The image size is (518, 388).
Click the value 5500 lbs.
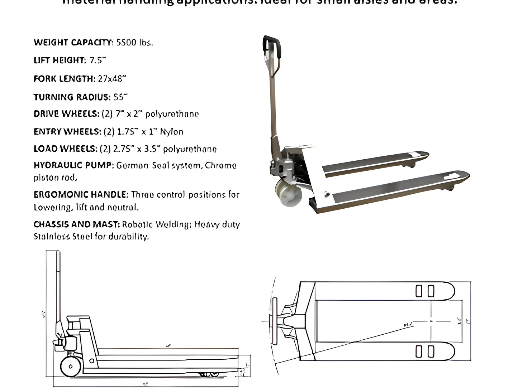coord(135,43)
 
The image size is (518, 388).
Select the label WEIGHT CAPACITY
coord(73,43)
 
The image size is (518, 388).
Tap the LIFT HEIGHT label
coord(60,60)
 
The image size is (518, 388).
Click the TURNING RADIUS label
coord(72,97)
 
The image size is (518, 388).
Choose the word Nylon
coord(171,132)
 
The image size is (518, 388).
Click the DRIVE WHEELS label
coord(66,114)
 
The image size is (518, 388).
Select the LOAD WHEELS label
coord(65,149)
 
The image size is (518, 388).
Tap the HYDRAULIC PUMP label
coord(73,166)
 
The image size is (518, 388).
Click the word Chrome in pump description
coord(220,166)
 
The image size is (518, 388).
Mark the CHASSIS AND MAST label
coord(76,224)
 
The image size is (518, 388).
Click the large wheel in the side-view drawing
coord(71,366)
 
